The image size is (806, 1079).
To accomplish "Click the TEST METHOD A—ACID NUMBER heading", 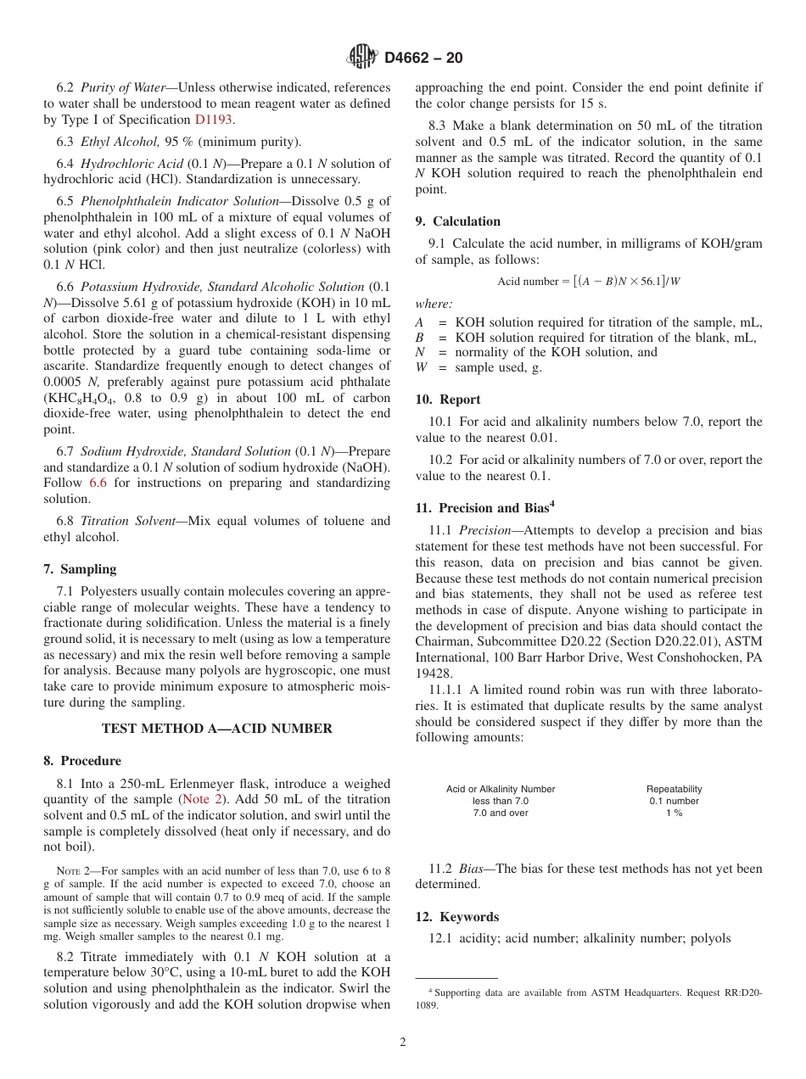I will pyautogui.click(x=217, y=729).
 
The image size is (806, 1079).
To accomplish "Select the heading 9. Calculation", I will pyautogui.click(x=457, y=221).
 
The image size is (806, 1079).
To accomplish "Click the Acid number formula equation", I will pyautogui.click(x=588, y=282).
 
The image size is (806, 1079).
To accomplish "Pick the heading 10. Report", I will pyautogui.click(x=447, y=400).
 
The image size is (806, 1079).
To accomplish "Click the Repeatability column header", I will pyautogui.click(x=674, y=789).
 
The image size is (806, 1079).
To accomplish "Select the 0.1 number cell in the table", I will pyautogui.click(x=674, y=801).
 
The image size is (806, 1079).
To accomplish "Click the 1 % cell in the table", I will pyautogui.click(x=674, y=813).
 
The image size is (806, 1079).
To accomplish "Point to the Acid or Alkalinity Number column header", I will pyautogui.click(x=501, y=789).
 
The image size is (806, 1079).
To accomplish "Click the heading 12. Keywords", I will pyautogui.click(x=456, y=917).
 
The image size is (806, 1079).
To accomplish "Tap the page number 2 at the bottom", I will pyautogui.click(x=403, y=1043).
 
